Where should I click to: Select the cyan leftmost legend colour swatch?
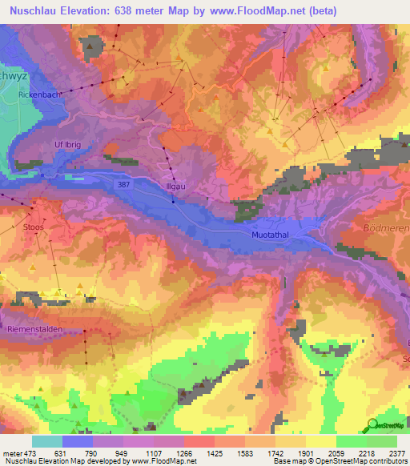[47, 440]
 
